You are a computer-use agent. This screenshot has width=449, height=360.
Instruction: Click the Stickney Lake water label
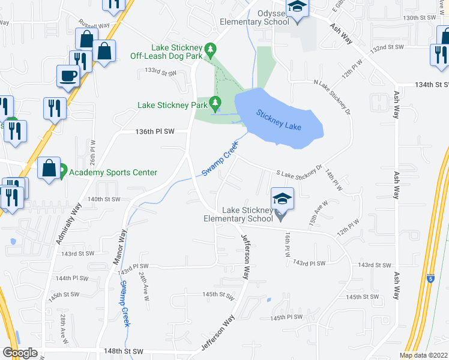279,119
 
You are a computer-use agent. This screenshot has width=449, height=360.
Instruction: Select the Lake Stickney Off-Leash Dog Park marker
209,48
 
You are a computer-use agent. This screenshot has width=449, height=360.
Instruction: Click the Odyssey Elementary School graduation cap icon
296,8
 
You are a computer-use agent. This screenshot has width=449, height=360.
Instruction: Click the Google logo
20,353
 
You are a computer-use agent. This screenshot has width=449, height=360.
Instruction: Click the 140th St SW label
104,199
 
